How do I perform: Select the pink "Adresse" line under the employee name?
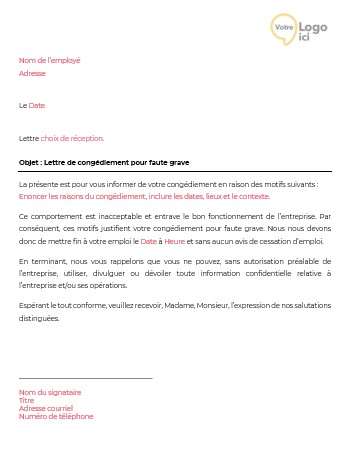32,73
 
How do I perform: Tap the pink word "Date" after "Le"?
36,105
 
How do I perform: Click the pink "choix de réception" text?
72,138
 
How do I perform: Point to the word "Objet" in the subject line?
30,162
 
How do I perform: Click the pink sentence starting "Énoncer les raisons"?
130,197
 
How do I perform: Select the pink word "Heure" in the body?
175,241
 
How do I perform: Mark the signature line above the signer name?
85,378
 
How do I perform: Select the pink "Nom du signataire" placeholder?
50,392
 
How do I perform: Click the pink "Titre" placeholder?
27,400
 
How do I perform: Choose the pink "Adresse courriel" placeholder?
46,408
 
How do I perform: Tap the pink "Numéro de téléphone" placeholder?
56,416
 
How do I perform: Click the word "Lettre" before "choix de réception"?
29,138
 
